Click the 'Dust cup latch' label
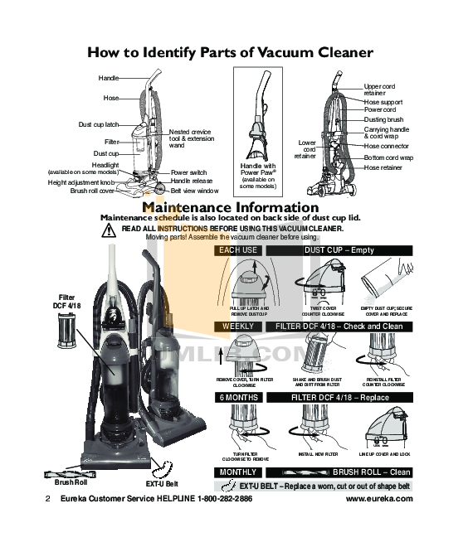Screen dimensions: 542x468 [x=99, y=124]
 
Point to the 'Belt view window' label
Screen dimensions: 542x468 [x=194, y=191]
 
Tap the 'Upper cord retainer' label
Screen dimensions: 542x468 [x=379, y=90]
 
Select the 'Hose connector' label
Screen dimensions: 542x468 [x=388, y=146]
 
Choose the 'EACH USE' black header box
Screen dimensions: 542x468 [x=238, y=249]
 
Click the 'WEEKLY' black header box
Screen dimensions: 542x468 [x=238, y=327]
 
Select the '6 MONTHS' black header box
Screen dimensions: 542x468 [x=238, y=398]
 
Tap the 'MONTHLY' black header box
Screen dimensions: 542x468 [x=238, y=472]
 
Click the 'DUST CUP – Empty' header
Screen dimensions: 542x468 [x=339, y=249]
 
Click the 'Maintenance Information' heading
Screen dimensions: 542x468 [x=230, y=207]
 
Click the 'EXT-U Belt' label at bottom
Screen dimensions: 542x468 [x=163, y=482]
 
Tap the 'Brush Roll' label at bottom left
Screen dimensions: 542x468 [x=71, y=482]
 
